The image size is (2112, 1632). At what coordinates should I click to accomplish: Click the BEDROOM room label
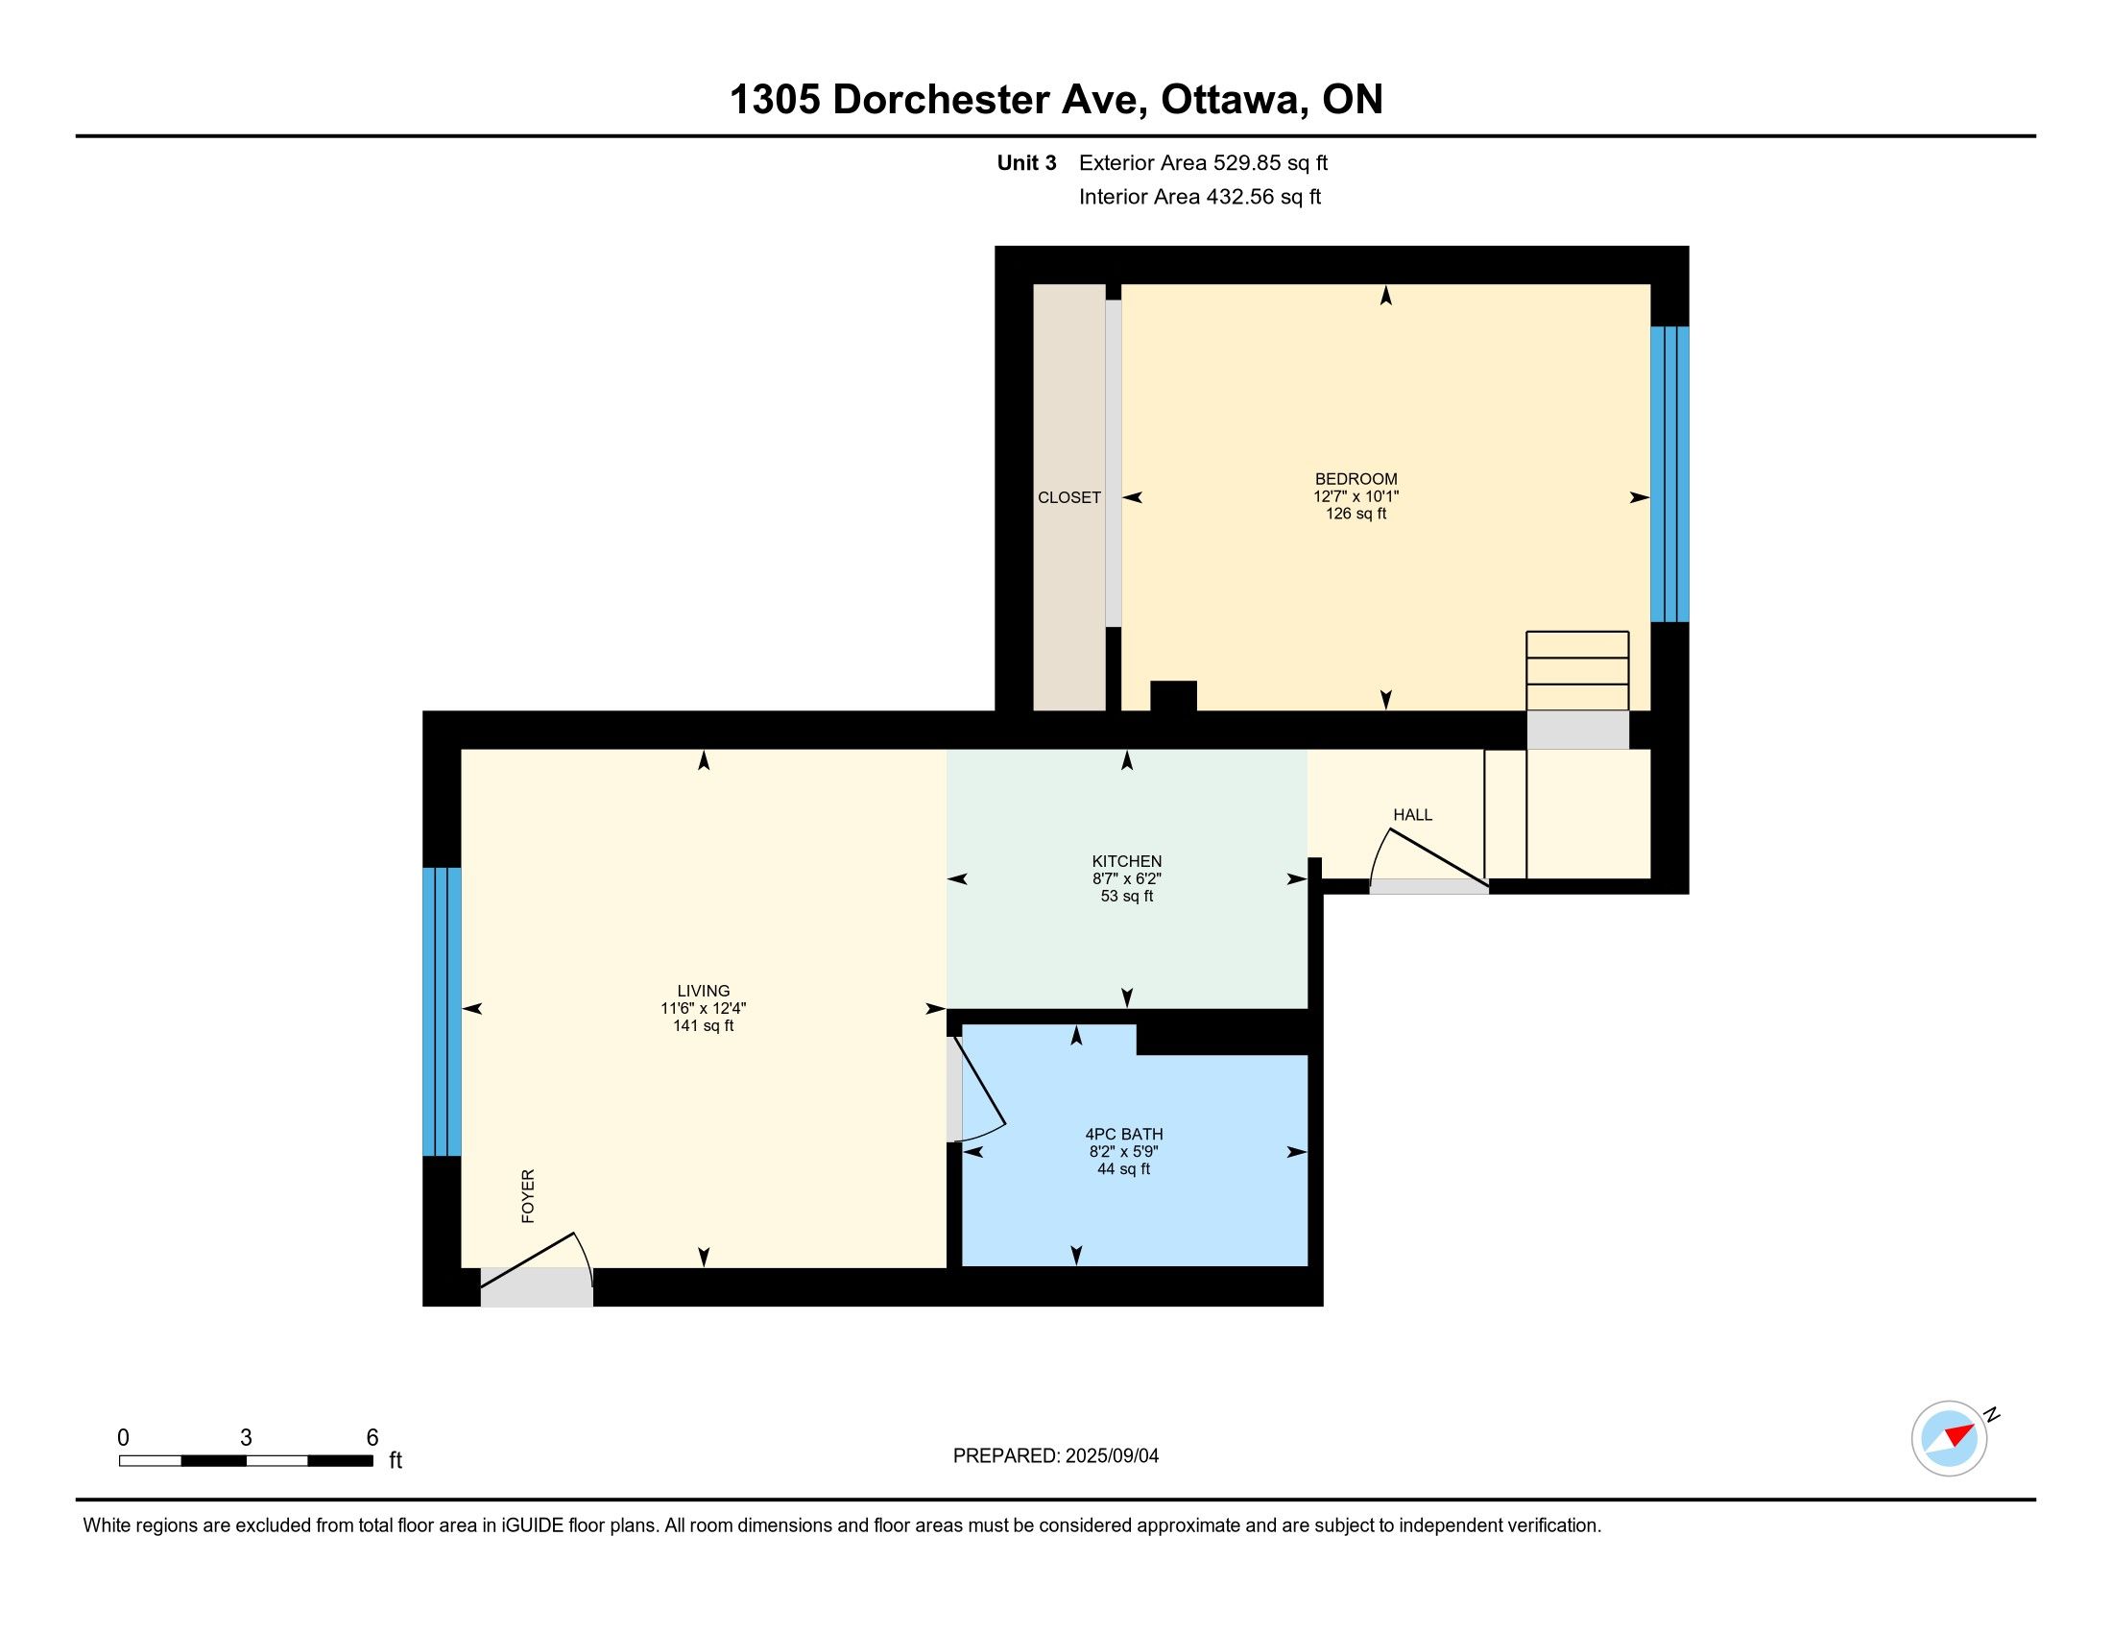coord(1356,479)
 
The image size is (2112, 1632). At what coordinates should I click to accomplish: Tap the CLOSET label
coord(1068,498)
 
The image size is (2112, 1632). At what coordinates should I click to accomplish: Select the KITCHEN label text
coord(1127,861)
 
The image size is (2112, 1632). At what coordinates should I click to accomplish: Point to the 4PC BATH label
coord(1124,1134)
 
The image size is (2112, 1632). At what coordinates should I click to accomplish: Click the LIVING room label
coord(703,991)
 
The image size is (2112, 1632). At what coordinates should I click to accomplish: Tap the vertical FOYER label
coord(528,1196)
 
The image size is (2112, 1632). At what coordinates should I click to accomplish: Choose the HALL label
coord(1412,815)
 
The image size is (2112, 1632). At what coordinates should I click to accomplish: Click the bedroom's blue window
coord(1669,473)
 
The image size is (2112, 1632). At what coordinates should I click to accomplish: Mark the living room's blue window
coord(442,1011)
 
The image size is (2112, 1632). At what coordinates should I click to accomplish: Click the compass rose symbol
coord(1949,1438)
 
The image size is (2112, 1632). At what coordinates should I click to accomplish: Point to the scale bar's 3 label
coord(246,1438)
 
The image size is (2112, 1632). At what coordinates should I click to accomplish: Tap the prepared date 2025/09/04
coord(1112,1456)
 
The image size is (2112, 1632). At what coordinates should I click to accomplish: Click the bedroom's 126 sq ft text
coord(1356,514)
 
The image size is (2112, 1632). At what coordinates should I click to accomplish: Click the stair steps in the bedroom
coord(1577,671)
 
